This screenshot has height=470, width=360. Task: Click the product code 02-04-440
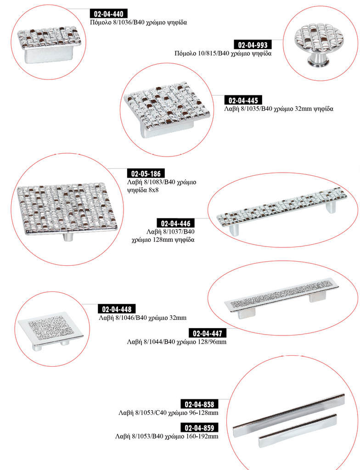pyautogui.click(x=109, y=14)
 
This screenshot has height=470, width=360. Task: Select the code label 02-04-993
pyautogui.click(x=253, y=45)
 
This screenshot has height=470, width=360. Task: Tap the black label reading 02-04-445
pyautogui.click(x=243, y=101)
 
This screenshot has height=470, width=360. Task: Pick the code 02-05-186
pyautogui.click(x=146, y=173)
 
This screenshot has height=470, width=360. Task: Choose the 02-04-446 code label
pyautogui.click(x=175, y=224)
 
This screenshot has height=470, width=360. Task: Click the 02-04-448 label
pyautogui.click(x=117, y=309)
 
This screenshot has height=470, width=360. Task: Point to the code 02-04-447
pyautogui.click(x=208, y=333)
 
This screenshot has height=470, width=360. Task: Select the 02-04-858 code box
pyautogui.click(x=199, y=404)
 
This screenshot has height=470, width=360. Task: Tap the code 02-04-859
pyautogui.click(x=199, y=428)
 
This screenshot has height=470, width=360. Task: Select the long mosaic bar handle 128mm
pyautogui.click(x=281, y=210)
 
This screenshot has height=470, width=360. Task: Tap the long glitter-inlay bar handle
pyautogui.click(x=281, y=297)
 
